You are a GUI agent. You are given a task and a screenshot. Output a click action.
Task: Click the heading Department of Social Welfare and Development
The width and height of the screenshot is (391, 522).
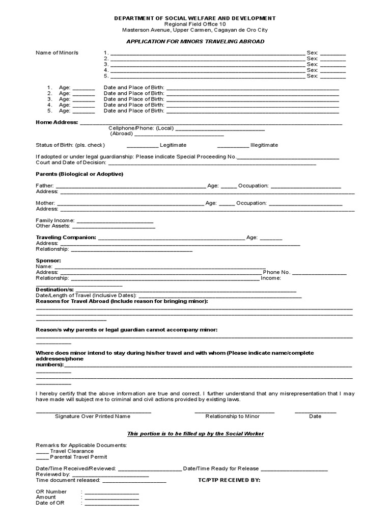[x=195, y=18]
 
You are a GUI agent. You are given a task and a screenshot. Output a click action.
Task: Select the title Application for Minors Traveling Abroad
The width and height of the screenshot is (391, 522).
[x=195, y=41]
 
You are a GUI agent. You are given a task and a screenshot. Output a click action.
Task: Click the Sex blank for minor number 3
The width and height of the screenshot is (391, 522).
[x=333, y=65]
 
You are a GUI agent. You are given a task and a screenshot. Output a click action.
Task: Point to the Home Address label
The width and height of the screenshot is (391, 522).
[x=57, y=122]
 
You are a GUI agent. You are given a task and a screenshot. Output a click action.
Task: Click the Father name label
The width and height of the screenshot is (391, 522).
[x=44, y=186]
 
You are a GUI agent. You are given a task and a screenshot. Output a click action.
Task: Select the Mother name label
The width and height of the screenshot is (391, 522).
[x=45, y=203]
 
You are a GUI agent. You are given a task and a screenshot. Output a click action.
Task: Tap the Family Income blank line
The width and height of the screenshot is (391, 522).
[x=115, y=221]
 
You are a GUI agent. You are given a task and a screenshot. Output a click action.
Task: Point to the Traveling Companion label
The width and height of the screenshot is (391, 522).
[x=66, y=238]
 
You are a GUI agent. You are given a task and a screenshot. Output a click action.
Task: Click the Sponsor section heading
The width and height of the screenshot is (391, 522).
[x=48, y=260]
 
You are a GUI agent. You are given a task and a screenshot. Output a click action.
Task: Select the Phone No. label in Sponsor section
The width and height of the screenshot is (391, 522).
[x=276, y=272]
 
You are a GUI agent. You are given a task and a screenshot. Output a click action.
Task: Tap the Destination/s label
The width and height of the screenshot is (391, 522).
[x=55, y=290]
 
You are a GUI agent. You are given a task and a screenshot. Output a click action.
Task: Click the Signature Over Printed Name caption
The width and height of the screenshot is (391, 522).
[x=93, y=416]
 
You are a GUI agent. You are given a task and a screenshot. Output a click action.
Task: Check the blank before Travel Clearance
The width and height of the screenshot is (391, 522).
[x=42, y=451]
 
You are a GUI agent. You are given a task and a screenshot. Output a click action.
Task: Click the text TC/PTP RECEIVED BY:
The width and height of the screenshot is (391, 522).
[x=229, y=480]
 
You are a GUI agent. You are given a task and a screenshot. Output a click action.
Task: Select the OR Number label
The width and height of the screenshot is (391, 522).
[x=51, y=492]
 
